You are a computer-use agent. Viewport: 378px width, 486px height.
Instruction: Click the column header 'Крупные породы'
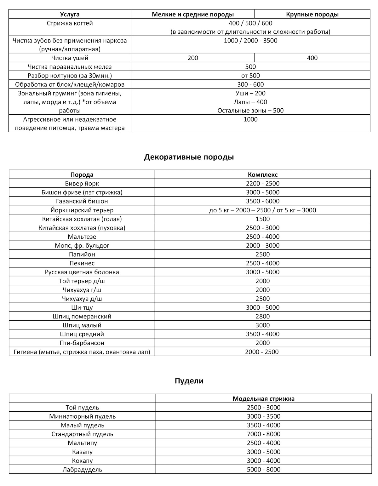tap(312, 14)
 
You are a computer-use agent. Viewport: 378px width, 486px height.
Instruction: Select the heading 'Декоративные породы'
tap(189, 157)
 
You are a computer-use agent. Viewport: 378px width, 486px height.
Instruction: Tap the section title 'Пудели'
tap(189, 381)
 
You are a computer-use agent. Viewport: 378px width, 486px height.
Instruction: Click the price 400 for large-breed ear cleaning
tap(312, 58)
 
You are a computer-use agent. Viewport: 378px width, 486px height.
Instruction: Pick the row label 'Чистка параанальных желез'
tap(70, 67)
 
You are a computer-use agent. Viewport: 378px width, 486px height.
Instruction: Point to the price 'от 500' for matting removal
tap(250, 76)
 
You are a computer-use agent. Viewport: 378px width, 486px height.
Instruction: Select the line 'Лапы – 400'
tap(250, 102)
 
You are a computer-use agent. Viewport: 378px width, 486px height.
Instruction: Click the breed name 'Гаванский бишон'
tap(82, 201)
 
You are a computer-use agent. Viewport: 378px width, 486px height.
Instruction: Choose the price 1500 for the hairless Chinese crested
tap(263, 219)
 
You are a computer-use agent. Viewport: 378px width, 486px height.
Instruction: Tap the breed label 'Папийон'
tap(82, 254)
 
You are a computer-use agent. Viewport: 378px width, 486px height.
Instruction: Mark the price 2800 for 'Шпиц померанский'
tap(263, 316)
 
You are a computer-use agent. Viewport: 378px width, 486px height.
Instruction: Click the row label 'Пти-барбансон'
tap(82, 343)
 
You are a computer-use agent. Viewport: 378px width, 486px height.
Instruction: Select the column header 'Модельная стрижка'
tap(263, 398)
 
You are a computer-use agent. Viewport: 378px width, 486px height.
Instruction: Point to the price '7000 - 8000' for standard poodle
tap(263, 434)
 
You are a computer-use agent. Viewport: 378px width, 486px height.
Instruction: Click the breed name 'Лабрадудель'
tap(82, 469)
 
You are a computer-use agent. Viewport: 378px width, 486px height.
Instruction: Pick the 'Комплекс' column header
tap(263, 174)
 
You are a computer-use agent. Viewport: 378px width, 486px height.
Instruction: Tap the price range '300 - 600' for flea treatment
tap(250, 84)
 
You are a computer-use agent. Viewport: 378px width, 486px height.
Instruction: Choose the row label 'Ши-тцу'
tap(82, 307)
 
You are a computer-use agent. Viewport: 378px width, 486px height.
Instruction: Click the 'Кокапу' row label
tap(82, 460)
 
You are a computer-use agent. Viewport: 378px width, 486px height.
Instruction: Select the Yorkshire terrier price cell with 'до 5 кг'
tap(263, 210)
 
